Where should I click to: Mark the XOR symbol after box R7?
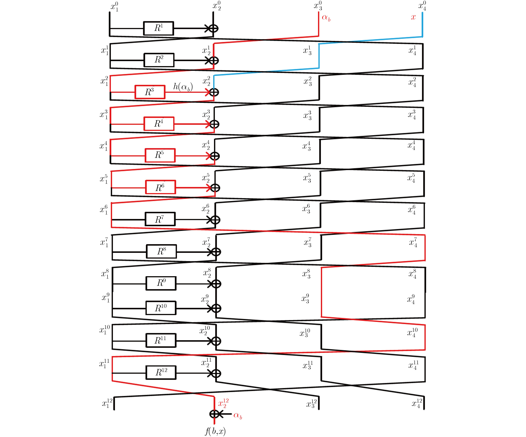tap(215, 220)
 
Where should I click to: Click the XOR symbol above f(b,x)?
tap(214, 414)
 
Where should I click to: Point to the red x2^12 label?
tap(223, 403)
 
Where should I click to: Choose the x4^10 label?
tap(412, 332)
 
